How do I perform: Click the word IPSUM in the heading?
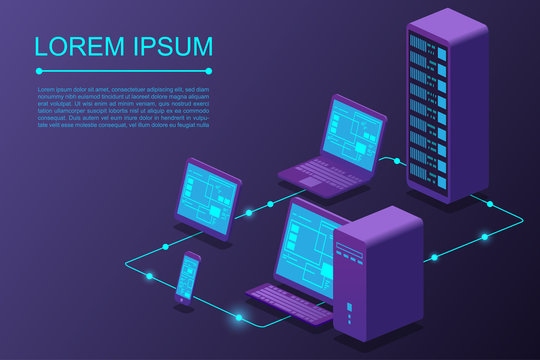tap(165, 46)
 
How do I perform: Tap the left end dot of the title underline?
tap(38, 71)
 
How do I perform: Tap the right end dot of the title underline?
tap(209, 71)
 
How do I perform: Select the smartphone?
tap(187, 277)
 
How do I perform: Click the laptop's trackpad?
tap(318, 183)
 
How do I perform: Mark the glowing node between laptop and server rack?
tap(397, 159)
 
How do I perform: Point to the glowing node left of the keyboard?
tap(239, 318)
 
